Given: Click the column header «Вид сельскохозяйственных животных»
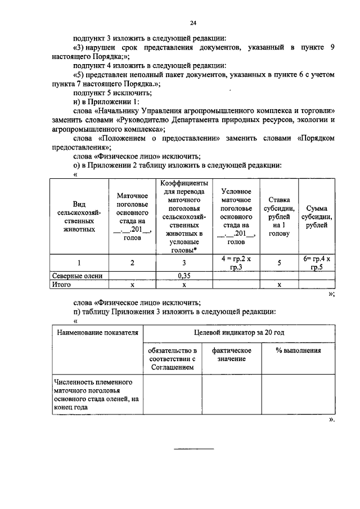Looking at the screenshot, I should click(79, 217).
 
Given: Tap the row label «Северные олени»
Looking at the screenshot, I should click(77, 276).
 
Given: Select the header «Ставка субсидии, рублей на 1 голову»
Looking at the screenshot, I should click(279, 217).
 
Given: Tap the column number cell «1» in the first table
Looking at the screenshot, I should click(79, 263).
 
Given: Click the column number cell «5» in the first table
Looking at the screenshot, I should click(279, 263).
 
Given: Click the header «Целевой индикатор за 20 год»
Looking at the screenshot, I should click(239, 333).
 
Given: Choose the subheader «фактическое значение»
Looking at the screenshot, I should click(231, 354).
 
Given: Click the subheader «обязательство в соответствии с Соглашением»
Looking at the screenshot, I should click(172, 358).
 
